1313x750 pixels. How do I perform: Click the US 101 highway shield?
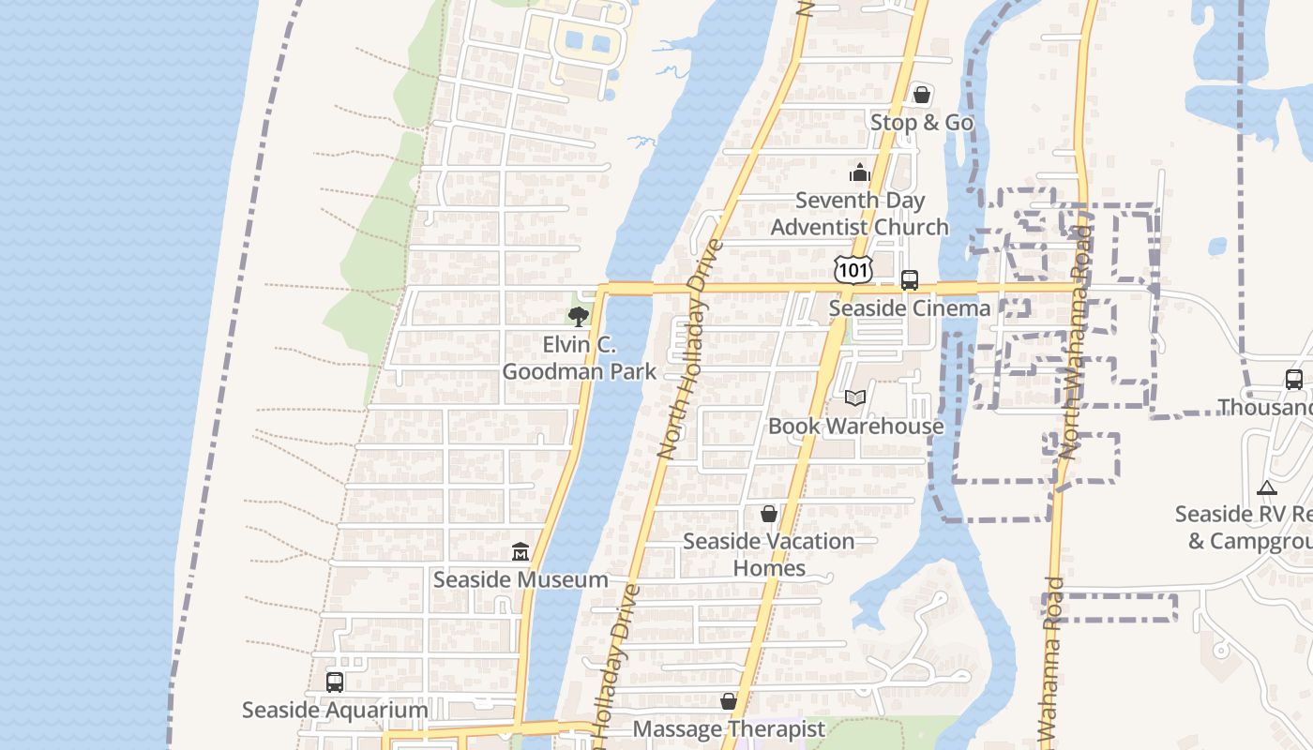coord(853,270)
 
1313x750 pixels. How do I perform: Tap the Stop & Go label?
coord(921,123)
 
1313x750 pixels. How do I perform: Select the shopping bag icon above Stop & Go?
coord(921,94)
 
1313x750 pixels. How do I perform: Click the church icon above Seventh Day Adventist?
coord(859,172)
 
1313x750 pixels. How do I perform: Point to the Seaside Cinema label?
coord(909,308)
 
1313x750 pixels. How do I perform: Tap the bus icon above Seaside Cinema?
coord(909,279)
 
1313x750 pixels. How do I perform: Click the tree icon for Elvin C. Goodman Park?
coord(579,316)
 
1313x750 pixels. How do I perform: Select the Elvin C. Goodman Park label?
coord(579,358)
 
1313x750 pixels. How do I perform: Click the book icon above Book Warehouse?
coord(854,397)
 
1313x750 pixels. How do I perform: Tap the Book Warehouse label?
coord(855,427)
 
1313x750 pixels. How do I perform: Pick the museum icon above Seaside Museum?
coord(521,551)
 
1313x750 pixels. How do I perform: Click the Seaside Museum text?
coord(521,580)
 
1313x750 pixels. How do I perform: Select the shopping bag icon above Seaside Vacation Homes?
coord(768,514)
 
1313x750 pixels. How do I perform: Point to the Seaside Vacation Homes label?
coord(768,554)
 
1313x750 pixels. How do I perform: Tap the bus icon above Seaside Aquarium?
coord(334,682)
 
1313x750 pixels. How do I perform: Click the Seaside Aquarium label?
coord(335,711)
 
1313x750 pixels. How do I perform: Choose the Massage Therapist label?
coord(729,729)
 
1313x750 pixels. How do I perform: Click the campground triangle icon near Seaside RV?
coord(1266,487)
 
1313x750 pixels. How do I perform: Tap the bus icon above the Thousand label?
coord(1293,380)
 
